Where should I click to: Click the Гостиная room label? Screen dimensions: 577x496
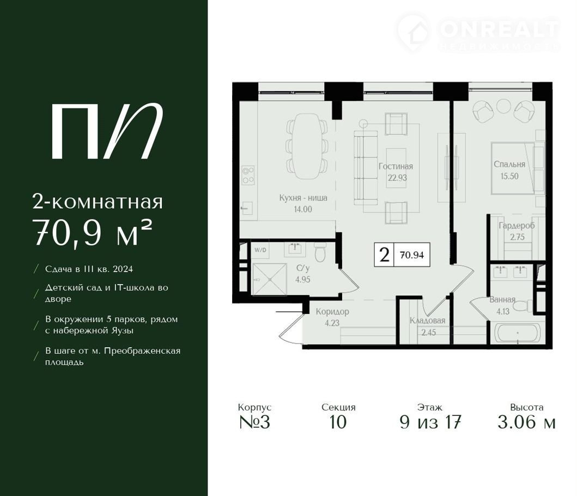[x=396, y=166]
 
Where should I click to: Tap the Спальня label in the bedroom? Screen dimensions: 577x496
[x=509, y=164]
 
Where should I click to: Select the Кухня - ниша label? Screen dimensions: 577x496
[x=303, y=198]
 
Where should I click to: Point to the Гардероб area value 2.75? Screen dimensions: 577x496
[x=517, y=237]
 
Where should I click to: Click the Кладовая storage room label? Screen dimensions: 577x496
[x=428, y=320]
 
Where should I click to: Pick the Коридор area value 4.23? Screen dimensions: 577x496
[x=332, y=323]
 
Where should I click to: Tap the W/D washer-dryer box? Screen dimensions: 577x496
[x=260, y=250]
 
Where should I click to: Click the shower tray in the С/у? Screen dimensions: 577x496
[x=270, y=280]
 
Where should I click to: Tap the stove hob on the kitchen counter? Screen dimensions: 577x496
[x=248, y=176]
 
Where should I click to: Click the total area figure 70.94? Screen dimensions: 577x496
[x=412, y=255]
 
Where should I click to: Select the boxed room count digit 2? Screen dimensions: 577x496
[x=384, y=255]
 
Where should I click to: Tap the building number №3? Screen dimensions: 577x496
[x=254, y=422]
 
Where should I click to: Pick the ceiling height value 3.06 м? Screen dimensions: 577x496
[x=526, y=422]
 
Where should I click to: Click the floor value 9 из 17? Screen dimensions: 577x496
[x=430, y=422]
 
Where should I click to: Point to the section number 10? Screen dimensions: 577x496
[x=338, y=422]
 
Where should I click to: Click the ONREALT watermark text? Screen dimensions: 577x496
[x=499, y=29]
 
